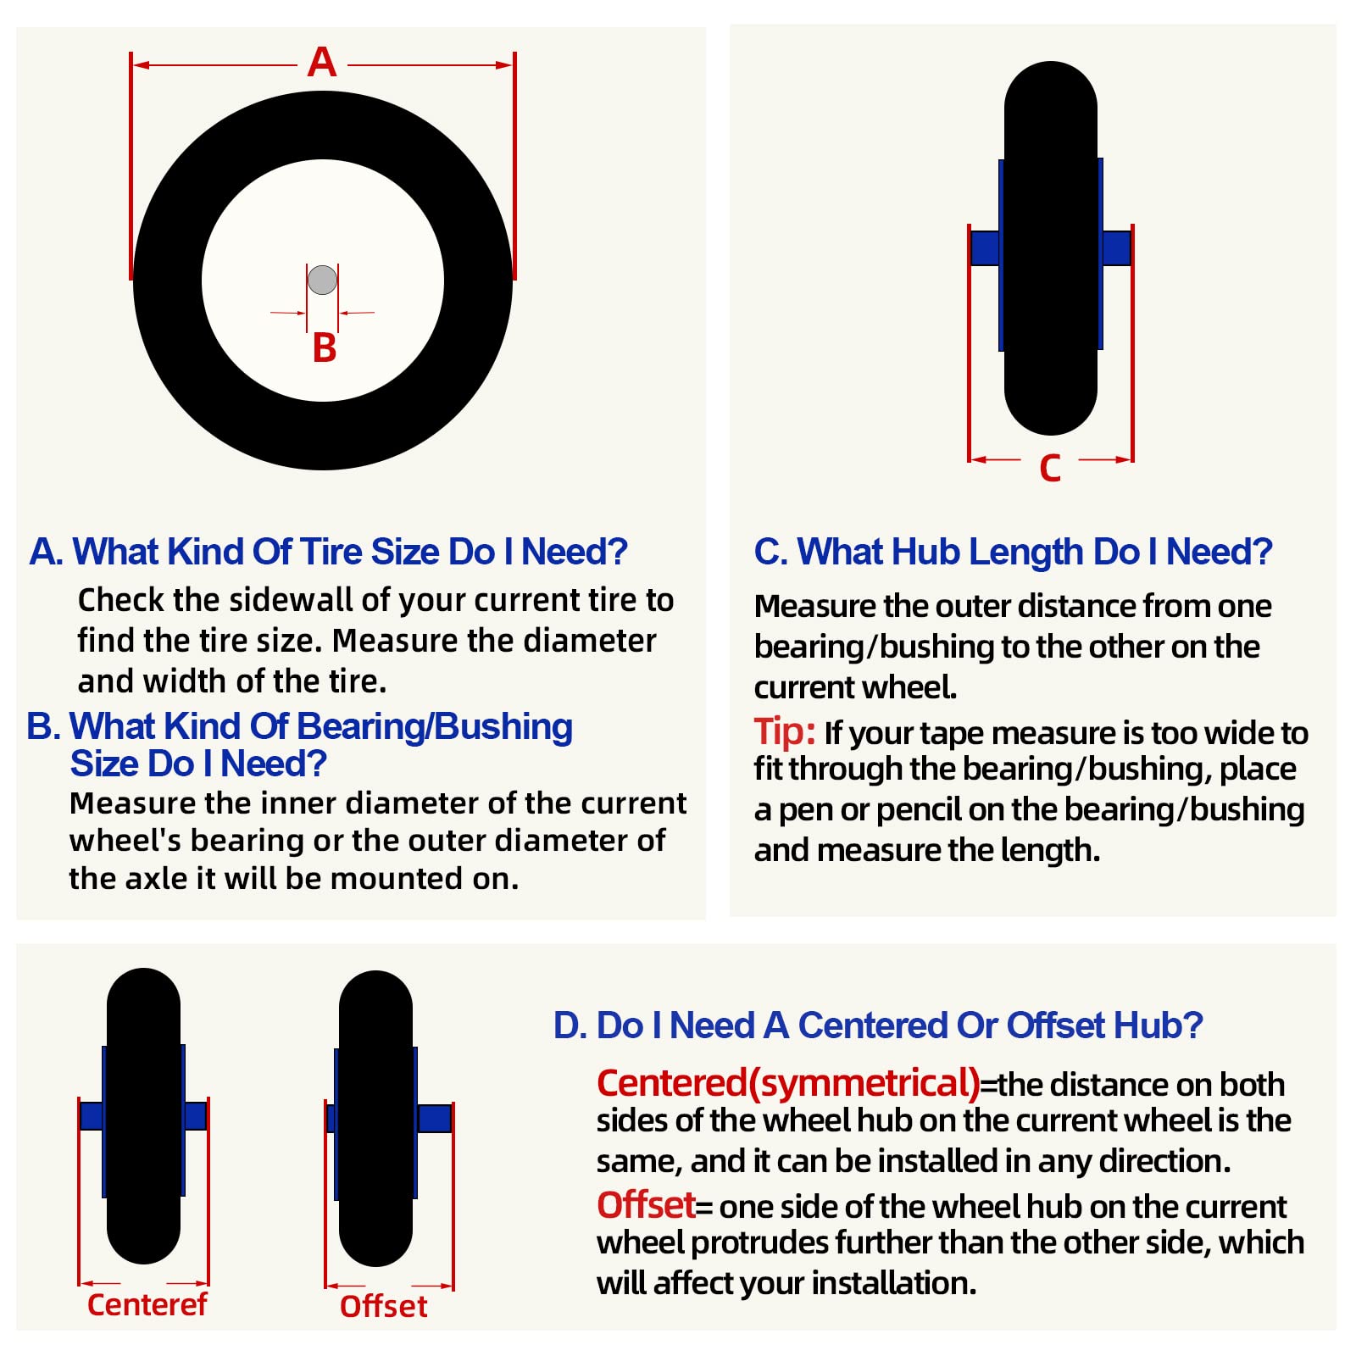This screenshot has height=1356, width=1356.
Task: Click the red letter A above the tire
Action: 322,62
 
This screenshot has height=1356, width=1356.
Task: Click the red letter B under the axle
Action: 325,347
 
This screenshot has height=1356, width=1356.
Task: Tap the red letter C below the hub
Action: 1050,468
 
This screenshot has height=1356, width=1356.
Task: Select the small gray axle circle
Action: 322,280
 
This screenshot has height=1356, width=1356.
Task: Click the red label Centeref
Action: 147,1304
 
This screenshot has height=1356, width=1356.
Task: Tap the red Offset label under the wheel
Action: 383,1306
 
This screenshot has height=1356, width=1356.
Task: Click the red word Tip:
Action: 785,731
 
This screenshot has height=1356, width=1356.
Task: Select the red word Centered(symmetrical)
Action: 788,1083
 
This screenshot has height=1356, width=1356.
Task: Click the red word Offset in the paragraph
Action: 646,1204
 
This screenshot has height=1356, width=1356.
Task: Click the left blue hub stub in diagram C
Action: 986,248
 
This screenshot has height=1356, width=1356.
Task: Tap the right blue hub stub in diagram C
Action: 1116,247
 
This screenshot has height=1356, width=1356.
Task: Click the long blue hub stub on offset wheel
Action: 434,1118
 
